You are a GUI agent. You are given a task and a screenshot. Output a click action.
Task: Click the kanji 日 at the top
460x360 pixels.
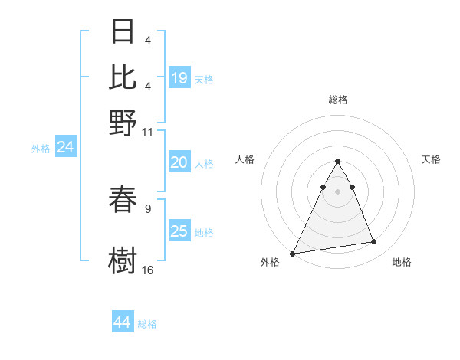pos(123,32)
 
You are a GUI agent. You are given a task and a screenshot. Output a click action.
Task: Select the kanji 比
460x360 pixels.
pos(123,77)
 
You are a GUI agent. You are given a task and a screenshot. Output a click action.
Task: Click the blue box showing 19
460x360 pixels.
pos(179,78)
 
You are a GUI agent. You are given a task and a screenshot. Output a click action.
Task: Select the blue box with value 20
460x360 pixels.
pos(179,162)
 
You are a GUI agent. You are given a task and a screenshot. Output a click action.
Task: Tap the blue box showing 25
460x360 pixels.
pos(179,231)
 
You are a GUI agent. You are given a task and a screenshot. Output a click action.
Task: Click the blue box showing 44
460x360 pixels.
pos(122,322)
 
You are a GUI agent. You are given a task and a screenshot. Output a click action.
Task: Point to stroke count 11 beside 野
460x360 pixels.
pos(148,132)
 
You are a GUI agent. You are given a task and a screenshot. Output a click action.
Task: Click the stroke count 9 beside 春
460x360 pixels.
pos(148,208)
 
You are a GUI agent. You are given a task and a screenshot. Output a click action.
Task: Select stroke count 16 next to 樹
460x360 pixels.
pos(148,270)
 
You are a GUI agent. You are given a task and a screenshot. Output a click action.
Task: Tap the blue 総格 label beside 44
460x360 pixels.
pos(147,324)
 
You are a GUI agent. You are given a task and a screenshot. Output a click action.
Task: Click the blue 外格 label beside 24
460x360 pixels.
pos(40,149)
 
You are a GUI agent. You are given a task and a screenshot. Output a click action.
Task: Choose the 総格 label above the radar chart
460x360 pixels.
pos(338,100)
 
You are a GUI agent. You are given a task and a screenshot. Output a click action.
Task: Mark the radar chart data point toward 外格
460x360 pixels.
pos(293,254)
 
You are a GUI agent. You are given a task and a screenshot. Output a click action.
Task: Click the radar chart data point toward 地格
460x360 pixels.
pos(374,242)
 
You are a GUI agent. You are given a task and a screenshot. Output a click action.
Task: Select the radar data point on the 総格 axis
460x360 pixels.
pos(337,161)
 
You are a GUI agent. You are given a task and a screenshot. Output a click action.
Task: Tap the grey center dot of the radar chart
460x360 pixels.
pos(337,191)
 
